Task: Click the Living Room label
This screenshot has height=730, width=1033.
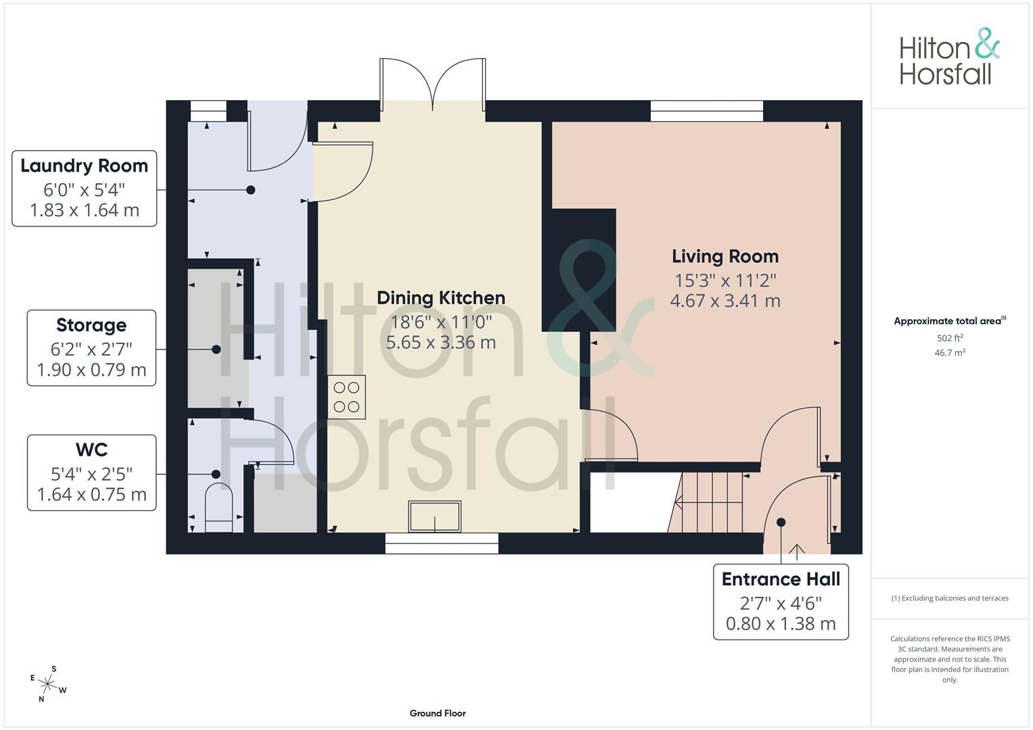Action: coord(725,257)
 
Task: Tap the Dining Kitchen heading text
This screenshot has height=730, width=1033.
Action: coord(441,298)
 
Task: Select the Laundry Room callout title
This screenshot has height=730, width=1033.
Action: coord(85,166)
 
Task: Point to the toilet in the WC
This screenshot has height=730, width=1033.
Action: coord(219,508)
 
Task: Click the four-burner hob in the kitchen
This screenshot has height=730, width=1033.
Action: coord(347,397)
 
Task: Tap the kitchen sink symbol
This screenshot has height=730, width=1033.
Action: coord(434,516)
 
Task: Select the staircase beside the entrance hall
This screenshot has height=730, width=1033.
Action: coord(706,502)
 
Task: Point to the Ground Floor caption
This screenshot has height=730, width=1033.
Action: coord(438,713)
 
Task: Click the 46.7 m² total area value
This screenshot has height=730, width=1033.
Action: coord(950,353)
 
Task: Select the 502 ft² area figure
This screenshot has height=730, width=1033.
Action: coord(950,338)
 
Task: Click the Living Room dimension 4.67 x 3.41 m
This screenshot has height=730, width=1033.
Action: coord(725,301)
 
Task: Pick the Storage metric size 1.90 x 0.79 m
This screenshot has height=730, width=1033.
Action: coord(91,370)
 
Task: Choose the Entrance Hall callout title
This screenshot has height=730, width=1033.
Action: coord(781,579)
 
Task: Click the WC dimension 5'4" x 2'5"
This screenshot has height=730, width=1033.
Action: coord(91,474)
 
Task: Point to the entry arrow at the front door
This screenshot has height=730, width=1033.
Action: coord(797,552)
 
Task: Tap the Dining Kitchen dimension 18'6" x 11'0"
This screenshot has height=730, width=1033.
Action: coord(441,322)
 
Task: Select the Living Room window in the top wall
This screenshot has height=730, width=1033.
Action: coord(707,111)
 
